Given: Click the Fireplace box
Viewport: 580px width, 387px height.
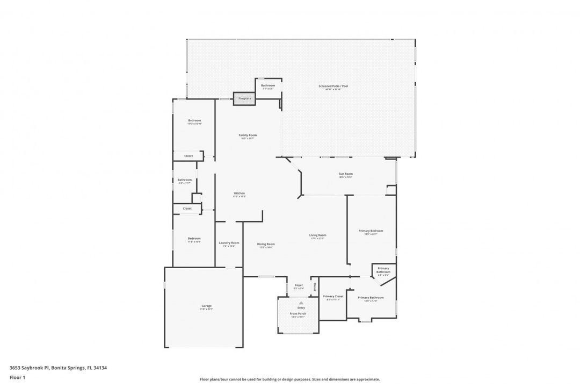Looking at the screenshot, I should click(x=245, y=98).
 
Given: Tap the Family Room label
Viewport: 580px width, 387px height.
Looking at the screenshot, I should click(x=248, y=135).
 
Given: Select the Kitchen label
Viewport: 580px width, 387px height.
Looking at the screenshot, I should click(x=239, y=193).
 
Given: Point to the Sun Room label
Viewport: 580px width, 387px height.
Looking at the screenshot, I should click(x=345, y=174).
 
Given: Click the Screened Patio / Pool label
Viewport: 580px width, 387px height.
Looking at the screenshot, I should click(x=333, y=86).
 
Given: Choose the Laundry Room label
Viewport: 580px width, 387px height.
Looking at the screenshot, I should click(x=229, y=242).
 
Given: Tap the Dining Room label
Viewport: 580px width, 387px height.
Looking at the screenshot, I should click(x=266, y=244).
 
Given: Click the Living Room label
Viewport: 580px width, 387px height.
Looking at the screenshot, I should click(x=318, y=235).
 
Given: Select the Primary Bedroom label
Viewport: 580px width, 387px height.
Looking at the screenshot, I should click(x=371, y=231).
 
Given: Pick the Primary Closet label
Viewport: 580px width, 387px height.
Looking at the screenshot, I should click(x=333, y=296).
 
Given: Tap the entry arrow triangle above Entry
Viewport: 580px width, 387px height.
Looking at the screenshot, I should click(x=301, y=303).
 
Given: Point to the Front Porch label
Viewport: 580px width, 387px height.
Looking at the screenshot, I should click(x=298, y=313).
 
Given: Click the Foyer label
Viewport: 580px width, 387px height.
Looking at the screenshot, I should click(x=299, y=285).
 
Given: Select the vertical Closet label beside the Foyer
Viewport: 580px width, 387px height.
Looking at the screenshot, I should click(x=315, y=286).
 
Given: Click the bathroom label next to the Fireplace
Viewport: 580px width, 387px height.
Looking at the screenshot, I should click(x=268, y=85).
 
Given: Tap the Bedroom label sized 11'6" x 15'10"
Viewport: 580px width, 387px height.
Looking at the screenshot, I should click(x=194, y=120).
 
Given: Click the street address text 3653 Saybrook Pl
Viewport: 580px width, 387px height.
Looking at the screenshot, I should click(x=29, y=368).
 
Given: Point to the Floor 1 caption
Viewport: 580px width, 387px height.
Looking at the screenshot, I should click(x=17, y=378).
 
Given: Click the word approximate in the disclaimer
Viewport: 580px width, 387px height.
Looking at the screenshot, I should click(x=367, y=379).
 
